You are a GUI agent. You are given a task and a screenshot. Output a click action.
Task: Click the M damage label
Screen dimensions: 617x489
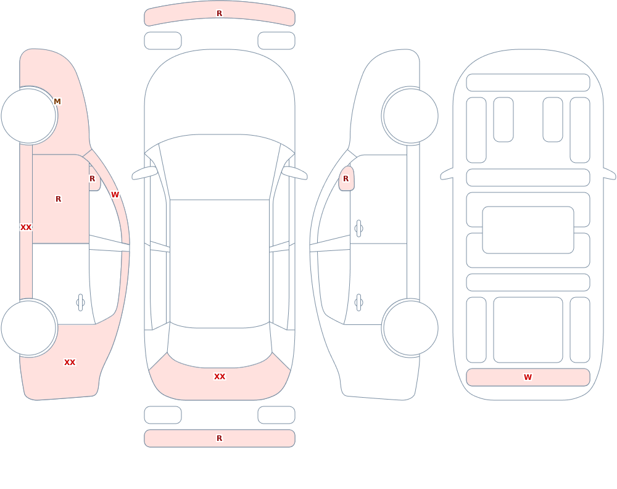(x=57, y=102)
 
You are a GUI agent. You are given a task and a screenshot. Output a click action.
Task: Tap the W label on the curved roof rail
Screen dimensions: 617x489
(x=115, y=195)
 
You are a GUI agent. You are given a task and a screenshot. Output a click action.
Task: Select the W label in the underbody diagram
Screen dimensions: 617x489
(x=528, y=377)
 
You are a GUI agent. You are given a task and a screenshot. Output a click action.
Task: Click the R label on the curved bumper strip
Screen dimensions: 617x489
(x=219, y=14)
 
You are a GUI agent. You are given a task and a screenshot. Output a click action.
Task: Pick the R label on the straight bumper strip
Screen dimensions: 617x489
(x=219, y=438)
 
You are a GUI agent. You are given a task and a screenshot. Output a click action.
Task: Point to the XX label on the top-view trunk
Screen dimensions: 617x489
(x=220, y=377)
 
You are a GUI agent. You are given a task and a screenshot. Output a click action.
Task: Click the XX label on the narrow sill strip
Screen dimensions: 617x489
(x=26, y=228)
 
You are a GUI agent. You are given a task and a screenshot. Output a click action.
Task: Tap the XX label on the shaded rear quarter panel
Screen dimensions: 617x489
(x=70, y=363)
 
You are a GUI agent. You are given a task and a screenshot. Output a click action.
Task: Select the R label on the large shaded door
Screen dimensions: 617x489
(x=58, y=199)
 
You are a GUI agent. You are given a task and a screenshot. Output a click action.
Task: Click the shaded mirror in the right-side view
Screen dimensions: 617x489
(x=347, y=179)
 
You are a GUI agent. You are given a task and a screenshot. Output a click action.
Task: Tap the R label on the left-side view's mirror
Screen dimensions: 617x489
(x=92, y=179)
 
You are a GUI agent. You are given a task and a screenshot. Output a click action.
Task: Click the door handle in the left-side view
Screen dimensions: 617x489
(x=80, y=303)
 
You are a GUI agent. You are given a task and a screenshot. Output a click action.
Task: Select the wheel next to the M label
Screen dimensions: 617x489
(x=29, y=116)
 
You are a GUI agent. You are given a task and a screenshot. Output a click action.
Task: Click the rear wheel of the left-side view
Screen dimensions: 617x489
(x=29, y=327)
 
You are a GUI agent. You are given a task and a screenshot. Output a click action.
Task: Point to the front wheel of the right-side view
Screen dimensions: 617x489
(x=410, y=116)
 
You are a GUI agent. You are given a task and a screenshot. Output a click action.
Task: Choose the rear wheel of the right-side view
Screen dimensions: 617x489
(x=410, y=327)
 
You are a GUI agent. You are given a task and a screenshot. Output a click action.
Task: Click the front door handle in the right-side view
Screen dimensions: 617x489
(x=358, y=229)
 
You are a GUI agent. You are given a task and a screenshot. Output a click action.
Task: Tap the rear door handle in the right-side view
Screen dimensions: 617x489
(x=358, y=303)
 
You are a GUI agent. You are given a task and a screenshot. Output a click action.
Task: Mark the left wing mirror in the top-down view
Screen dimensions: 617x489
(x=144, y=173)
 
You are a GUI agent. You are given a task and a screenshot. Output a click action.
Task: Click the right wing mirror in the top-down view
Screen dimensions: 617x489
(x=294, y=173)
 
